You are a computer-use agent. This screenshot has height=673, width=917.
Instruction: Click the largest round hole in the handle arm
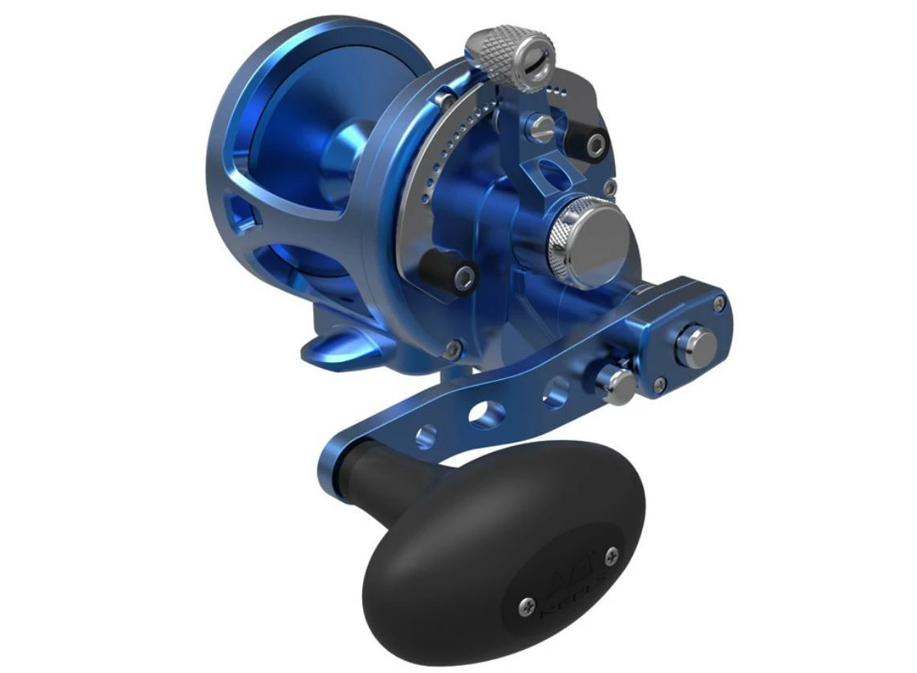coord(487,414)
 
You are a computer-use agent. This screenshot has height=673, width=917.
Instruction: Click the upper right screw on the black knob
coord(612,553)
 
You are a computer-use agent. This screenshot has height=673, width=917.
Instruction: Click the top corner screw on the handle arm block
coord(719,302)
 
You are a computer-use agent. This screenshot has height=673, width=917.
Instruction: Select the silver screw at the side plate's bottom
coord(454,349)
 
